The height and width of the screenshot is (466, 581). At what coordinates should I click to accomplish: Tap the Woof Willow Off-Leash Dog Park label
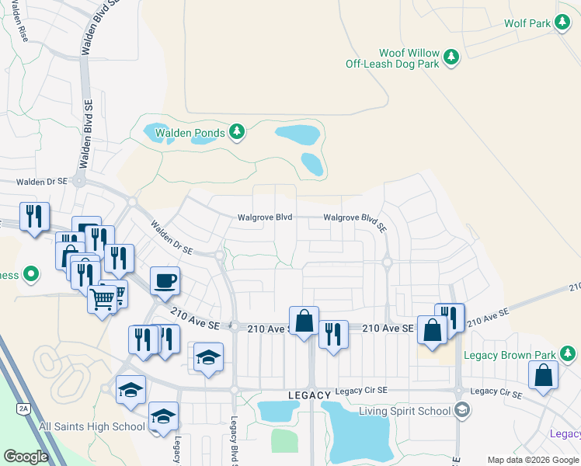[x=391, y=58]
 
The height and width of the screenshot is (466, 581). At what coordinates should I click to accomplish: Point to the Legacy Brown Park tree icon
[x=569, y=355]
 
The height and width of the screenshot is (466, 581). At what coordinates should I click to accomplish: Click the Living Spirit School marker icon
[x=461, y=410]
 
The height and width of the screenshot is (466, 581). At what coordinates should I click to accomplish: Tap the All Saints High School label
[x=92, y=426]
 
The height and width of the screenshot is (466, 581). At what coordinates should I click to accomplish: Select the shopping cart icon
[x=103, y=298]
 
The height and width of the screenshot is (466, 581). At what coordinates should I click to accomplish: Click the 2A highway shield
[x=23, y=408]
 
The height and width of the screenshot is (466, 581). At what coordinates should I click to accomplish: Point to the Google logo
[x=26, y=457]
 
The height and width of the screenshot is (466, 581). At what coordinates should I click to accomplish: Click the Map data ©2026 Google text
[x=533, y=460]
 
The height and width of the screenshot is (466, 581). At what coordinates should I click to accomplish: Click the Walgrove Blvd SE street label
[x=355, y=221]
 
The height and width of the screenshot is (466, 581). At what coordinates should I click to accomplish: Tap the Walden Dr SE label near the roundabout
[x=172, y=239]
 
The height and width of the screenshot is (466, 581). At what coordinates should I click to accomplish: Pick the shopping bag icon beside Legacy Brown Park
[x=544, y=375]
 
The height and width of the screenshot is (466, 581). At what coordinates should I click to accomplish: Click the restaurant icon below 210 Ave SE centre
[x=333, y=335]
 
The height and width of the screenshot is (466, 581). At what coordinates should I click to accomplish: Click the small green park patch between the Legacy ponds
[x=284, y=440]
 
